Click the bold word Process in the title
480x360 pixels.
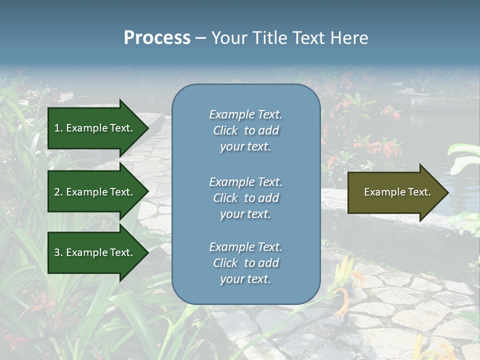[x=157, y=38]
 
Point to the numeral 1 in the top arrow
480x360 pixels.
[x=57, y=128]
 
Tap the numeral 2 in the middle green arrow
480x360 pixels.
[x=57, y=192]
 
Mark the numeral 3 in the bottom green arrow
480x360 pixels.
[x=57, y=252]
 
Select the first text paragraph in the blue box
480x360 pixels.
[x=245, y=130]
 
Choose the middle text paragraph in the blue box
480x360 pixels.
[x=245, y=198]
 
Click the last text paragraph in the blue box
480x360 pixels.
[x=245, y=263]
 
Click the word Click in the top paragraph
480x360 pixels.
[x=225, y=130]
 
